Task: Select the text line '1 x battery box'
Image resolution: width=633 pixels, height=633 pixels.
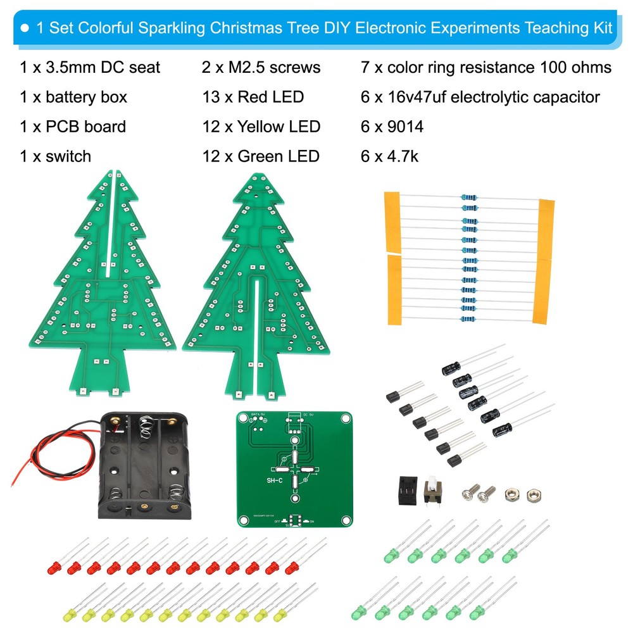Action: tap(73, 97)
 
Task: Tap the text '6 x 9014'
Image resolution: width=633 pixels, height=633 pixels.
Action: tap(392, 127)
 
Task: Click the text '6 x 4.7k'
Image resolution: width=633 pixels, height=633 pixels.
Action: tap(389, 156)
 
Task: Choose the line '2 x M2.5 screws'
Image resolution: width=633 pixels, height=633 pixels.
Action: tap(261, 67)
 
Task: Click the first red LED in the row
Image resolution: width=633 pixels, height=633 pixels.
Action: tap(55, 565)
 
